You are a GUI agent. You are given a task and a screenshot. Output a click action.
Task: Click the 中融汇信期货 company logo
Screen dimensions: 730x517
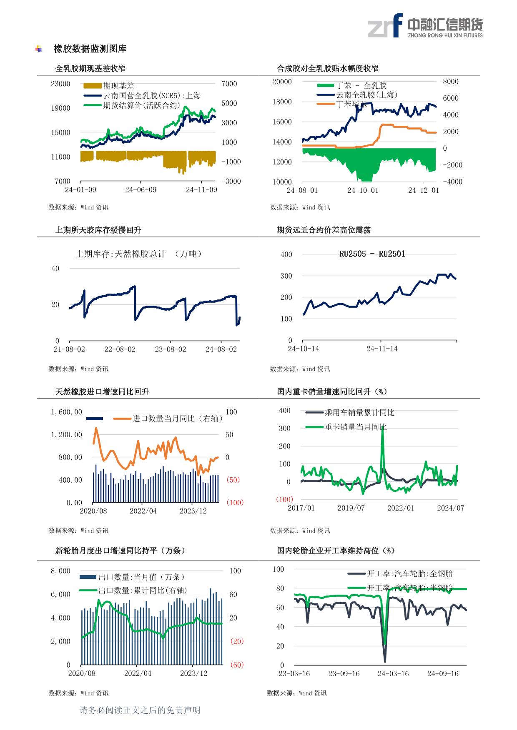coord(425,25)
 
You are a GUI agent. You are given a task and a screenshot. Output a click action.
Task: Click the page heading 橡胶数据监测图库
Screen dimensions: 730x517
coord(90,49)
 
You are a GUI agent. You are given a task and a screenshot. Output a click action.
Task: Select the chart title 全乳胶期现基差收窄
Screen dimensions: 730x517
coord(90,68)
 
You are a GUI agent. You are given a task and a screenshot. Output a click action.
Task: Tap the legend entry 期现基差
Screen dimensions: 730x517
coord(119,86)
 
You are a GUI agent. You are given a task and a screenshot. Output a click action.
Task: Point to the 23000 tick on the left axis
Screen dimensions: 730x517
coord(60,84)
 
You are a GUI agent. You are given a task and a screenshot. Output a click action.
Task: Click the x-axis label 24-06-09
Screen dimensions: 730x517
coord(141,190)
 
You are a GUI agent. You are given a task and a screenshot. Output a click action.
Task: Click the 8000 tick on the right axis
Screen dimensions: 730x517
coord(450,82)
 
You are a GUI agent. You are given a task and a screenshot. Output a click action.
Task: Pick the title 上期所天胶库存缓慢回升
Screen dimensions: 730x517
coord(98,230)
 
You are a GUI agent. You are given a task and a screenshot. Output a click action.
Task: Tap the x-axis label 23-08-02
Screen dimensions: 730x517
coord(170,349)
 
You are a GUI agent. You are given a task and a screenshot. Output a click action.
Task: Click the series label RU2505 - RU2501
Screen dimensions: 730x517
coord(372,254)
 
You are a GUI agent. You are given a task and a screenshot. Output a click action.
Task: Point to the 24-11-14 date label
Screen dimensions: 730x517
coord(382,349)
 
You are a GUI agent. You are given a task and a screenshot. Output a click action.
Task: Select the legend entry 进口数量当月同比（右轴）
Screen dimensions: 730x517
coord(178,419)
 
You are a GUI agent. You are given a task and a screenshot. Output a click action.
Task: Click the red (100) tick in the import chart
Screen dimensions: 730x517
coord(235,503)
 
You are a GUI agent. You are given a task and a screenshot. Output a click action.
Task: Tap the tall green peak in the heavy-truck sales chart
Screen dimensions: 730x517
coord(383,429)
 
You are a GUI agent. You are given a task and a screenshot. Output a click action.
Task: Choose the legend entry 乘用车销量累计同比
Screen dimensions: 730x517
coord(359,413)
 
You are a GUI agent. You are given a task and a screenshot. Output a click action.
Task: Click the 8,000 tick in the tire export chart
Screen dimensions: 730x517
coord(60,571)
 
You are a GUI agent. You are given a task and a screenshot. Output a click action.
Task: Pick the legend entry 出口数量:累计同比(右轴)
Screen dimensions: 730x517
coord(143,590)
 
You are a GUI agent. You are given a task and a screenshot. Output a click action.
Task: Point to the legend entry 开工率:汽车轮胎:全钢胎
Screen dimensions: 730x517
coord(409,573)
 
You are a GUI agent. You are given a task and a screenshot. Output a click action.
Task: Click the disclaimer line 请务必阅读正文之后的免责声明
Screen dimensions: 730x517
coord(140,710)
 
